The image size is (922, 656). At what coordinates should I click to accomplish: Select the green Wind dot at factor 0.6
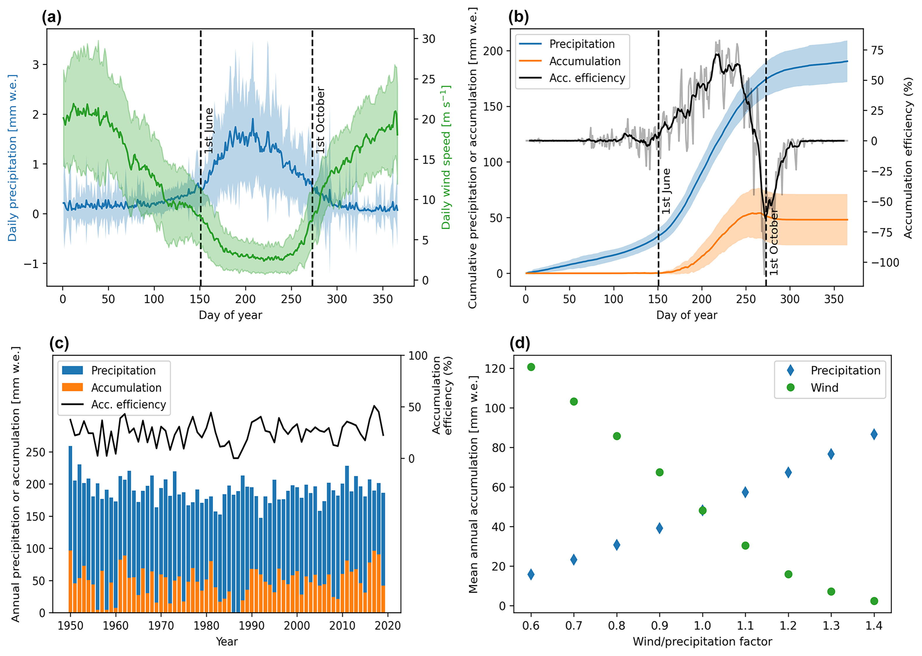tap(531, 367)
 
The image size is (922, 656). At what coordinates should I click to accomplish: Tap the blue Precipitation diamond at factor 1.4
tap(874, 435)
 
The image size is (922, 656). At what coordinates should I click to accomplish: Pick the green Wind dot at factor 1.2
tap(788, 574)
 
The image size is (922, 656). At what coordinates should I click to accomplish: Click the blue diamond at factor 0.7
tap(573, 560)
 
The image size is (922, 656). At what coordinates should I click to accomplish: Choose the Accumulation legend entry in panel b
tap(585, 61)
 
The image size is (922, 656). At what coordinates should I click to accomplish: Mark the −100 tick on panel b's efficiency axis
tap(884, 263)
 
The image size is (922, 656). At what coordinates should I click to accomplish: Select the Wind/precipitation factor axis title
tap(702, 641)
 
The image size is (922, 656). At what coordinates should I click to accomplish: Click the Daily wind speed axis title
tap(446, 157)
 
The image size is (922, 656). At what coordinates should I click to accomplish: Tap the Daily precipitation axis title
tap(13, 157)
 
